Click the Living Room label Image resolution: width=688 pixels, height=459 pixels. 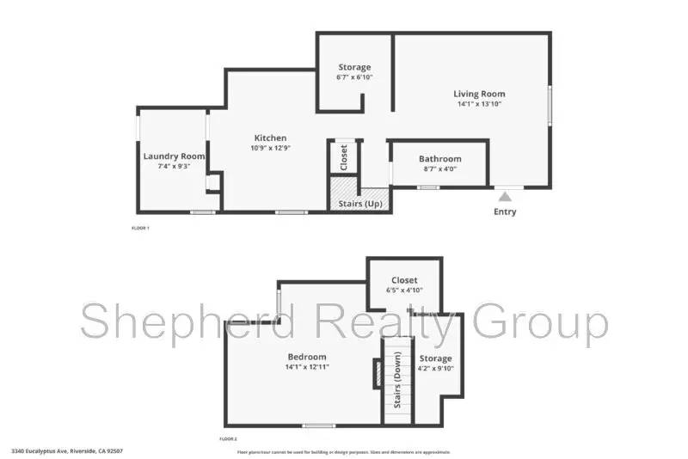(479, 94)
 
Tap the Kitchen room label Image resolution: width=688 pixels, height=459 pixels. (270, 138)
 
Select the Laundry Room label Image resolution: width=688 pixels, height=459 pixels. (174, 156)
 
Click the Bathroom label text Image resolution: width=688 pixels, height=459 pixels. (439, 158)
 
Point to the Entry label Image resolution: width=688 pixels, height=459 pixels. (505, 211)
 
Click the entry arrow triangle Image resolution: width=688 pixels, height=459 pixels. (505, 196)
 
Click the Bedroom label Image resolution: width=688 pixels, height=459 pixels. (307, 357)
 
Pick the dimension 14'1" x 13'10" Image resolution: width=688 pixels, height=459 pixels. (479, 104)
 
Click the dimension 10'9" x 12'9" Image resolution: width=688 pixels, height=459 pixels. (270, 148)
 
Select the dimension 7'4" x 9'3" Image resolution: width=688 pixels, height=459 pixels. (174, 166)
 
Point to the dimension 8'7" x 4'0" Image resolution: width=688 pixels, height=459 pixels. (439, 168)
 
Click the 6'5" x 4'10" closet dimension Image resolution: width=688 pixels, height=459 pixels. (403, 291)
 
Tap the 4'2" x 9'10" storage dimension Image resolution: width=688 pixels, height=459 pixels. (435, 369)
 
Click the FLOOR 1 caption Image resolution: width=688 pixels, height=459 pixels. (140, 228)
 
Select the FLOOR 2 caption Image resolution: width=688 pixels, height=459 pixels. (230, 438)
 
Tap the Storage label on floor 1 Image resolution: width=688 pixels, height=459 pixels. (354, 67)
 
